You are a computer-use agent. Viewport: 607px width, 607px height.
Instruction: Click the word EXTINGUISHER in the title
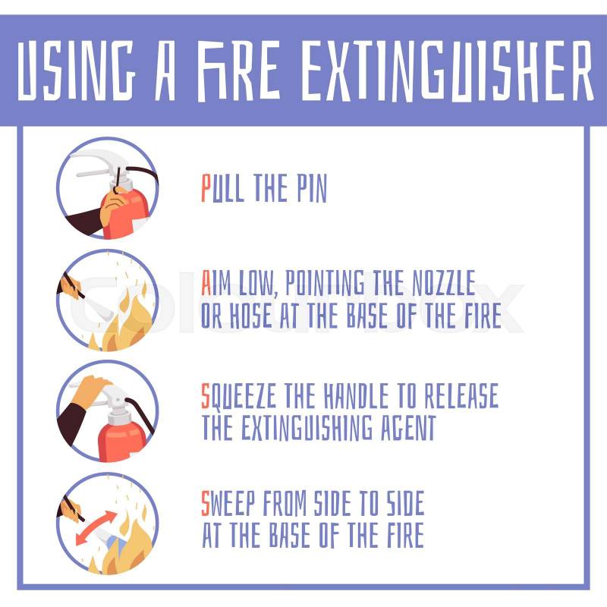coord(447,71)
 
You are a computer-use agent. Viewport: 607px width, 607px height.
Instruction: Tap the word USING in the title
coord(76,70)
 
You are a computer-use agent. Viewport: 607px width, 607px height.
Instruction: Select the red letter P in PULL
coord(206,187)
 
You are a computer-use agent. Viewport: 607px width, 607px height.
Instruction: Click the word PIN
coord(312,188)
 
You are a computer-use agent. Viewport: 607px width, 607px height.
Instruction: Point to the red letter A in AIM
coord(206,282)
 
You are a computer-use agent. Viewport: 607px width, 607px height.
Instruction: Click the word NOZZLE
coord(443,282)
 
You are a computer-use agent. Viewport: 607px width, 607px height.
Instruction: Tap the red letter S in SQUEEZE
coord(206,395)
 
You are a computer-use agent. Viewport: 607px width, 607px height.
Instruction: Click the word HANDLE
coord(356,395)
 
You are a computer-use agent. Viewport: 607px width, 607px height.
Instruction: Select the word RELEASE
coord(461,395)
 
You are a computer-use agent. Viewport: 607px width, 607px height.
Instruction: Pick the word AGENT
coord(408,427)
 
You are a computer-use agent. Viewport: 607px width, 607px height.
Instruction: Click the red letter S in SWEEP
coord(206,503)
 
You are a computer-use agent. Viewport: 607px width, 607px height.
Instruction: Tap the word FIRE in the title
coord(239,71)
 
